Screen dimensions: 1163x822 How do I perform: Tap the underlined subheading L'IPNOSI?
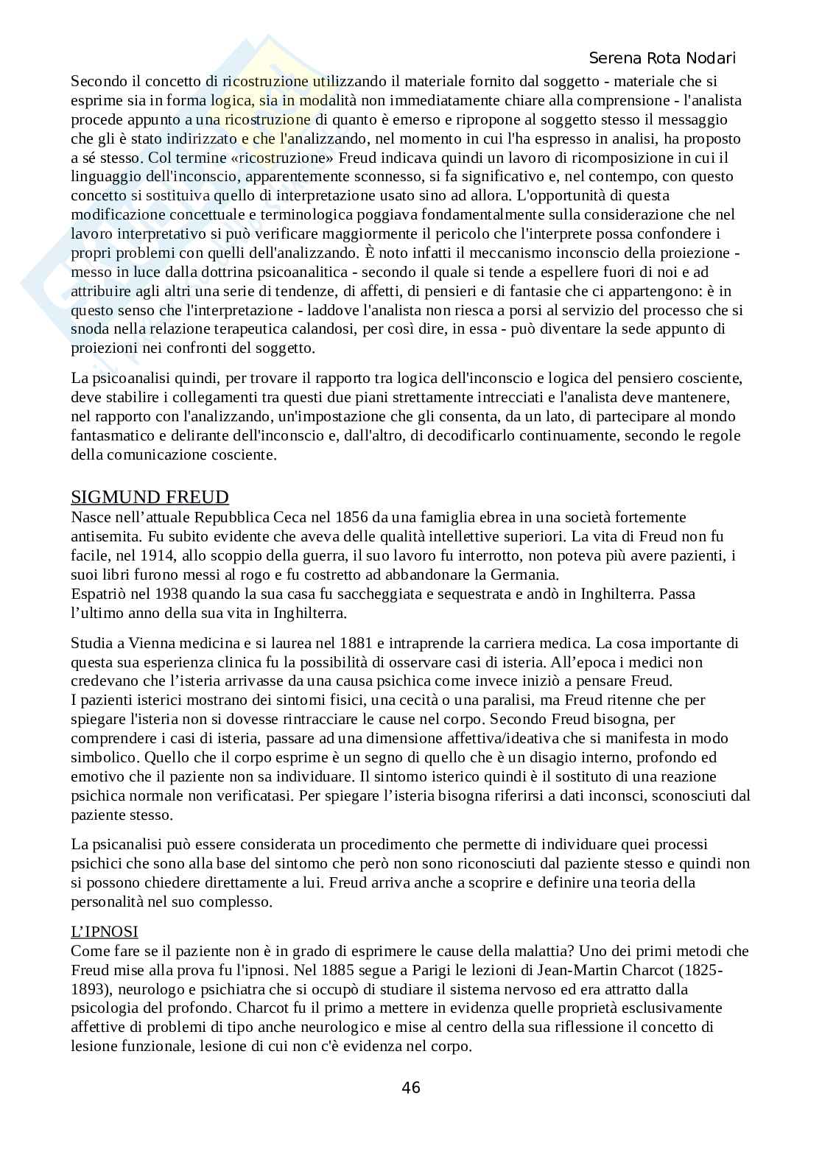[x=104, y=932]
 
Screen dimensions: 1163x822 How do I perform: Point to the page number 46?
[x=411, y=1087]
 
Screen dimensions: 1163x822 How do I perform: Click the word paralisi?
[x=504, y=700]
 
